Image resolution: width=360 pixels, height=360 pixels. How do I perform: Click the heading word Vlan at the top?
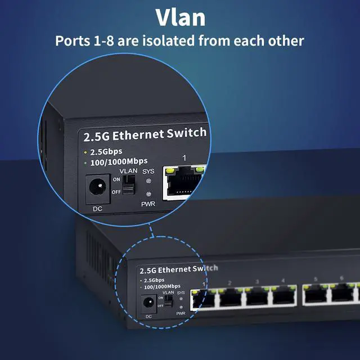(x=181, y=17)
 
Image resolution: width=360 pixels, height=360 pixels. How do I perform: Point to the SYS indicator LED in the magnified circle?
(x=148, y=181)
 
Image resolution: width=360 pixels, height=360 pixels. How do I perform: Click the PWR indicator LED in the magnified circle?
(x=148, y=194)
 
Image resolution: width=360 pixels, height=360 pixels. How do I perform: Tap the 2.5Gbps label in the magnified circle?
(x=106, y=151)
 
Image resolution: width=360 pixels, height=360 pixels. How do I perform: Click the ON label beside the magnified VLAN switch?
(x=116, y=179)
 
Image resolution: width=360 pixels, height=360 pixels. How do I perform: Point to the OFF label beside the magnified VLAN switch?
(x=116, y=192)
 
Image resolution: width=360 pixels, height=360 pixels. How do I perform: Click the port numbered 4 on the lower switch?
(x=283, y=296)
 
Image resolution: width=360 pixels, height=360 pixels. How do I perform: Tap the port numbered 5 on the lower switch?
(x=316, y=295)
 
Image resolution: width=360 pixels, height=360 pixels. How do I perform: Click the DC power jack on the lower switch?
(x=149, y=304)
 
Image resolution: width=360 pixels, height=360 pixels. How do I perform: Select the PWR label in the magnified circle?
(x=148, y=204)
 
